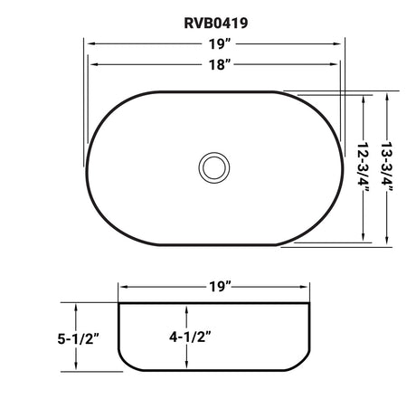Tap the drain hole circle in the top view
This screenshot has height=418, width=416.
click(215, 167)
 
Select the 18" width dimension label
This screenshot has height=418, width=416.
click(216, 64)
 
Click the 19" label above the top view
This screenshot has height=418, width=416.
click(216, 42)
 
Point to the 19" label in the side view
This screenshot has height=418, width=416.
click(215, 288)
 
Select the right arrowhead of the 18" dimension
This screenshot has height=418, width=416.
click(338, 64)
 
